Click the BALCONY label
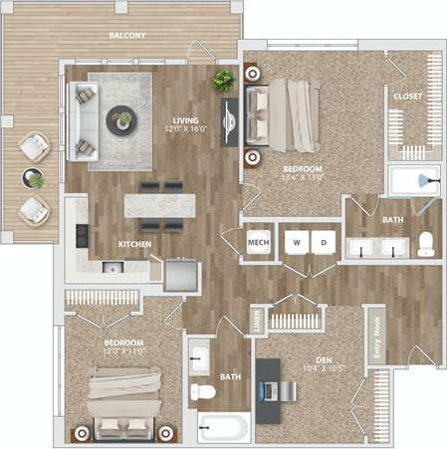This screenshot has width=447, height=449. coord(126,36)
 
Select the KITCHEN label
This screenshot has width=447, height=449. coord(135,243)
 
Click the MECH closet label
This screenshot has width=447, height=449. coord(259,242)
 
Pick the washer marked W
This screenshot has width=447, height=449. coord(296,242)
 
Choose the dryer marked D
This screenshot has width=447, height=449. coord(323,242)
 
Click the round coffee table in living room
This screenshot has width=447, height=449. coord(123,119)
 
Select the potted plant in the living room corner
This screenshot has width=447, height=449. coord(223,80)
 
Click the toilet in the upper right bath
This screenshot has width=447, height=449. coord(425,244)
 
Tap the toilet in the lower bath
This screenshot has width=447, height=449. coord(205,391)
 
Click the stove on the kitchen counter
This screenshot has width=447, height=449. coord(82,236)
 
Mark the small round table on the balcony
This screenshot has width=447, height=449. coord(35,179)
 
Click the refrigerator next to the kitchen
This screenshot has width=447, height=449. coord(180,273)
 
